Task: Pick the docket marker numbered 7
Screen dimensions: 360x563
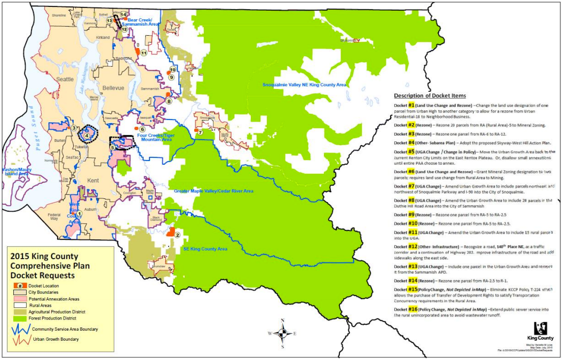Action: click(200, 132)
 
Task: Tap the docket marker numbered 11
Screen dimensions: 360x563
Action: click(144, 53)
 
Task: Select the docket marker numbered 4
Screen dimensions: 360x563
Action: click(88, 134)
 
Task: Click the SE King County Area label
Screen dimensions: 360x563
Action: click(205, 249)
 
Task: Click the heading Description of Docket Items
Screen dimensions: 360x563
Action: click(430, 95)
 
